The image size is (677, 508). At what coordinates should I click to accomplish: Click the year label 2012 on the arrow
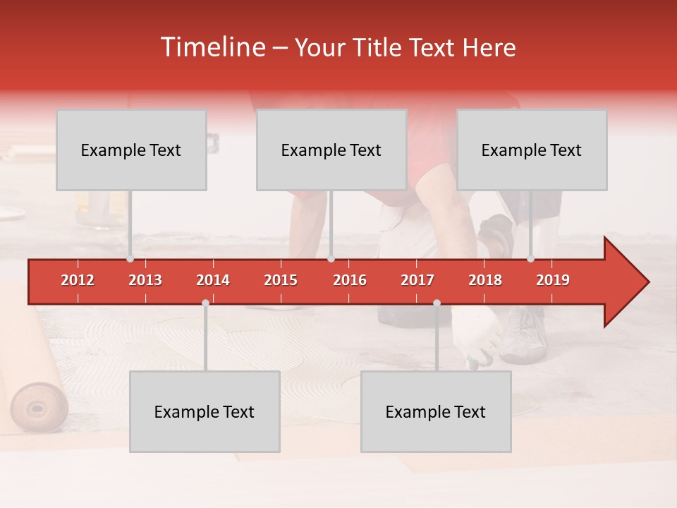point(78,280)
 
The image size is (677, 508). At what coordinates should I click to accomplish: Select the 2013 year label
point(145,280)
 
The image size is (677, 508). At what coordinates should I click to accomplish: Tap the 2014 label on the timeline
point(213,280)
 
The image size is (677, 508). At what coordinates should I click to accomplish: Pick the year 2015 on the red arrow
point(281,280)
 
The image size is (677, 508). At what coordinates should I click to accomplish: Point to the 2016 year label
point(350,280)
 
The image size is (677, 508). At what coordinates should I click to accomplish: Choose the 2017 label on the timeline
point(417,280)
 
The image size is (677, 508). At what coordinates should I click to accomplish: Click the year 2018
point(485,280)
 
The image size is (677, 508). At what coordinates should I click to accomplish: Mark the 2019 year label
point(553,280)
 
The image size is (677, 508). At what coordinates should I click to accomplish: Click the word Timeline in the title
point(212,47)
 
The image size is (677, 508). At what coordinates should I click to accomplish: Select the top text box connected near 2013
point(131,150)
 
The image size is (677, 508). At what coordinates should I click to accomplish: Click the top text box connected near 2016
point(331,150)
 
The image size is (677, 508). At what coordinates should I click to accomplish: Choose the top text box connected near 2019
point(532,150)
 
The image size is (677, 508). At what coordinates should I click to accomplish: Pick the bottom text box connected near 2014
point(205,412)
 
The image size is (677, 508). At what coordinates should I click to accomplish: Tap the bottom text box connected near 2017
point(436,412)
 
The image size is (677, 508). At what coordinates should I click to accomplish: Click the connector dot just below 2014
point(205,303)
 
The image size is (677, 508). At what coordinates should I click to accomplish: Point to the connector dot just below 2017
point(437,303)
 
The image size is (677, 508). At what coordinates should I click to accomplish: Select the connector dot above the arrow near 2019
point(531,259)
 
